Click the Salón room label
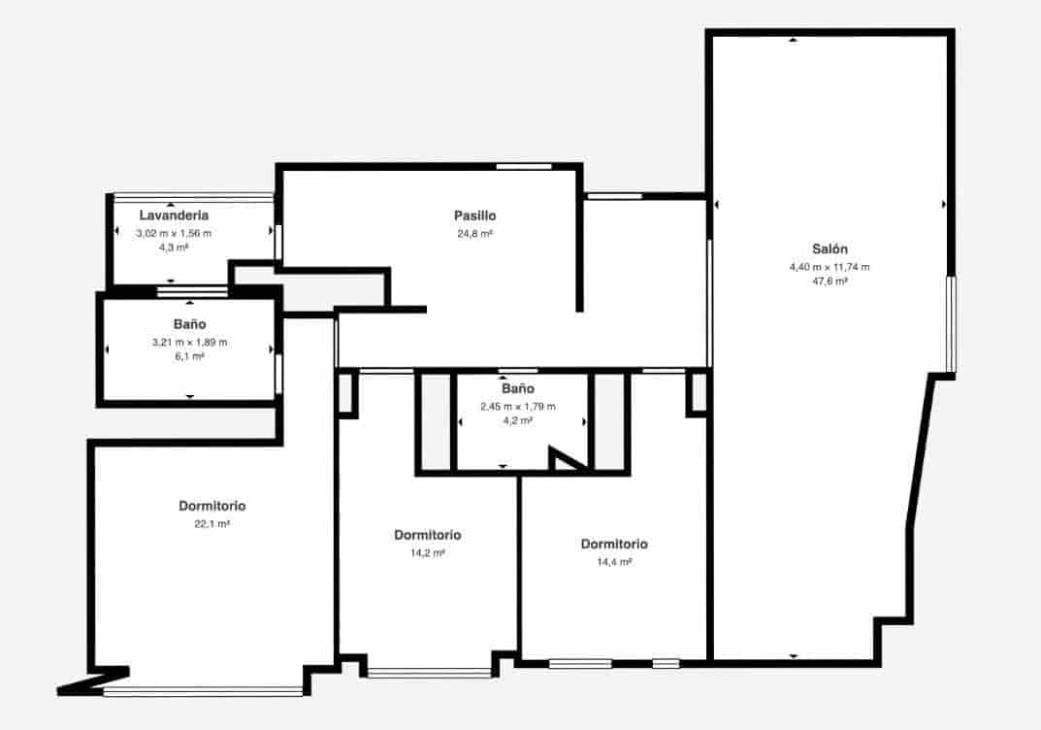pyautogui.click(x=830, y=249)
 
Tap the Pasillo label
pyautogui.click(x=474, y=216)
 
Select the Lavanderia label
pyautogui.click(x=174, y=216)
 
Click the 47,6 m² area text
pyautogui.click(x=830, y=281)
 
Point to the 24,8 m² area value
pyautogui.click(x=474, y=234)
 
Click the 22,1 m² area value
pyautogui.click(x=211, y=524)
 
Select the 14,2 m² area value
pyautogui.click(x=427, y=553)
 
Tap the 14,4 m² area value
pyautogui.click(x=614, y=562)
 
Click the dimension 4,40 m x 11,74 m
pyautogui.click(x=830, y=267)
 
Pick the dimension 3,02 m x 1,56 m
pyautogui.click(x=174, y=234)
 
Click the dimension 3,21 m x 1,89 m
pyautogui.click(x=189, y=343)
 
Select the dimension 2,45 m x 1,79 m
pyautogui.click(x=517, y=407)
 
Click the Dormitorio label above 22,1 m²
pyautogui.click(x=211, y=506)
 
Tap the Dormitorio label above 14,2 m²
pyautogui.click(x=427, y=535)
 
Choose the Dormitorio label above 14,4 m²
pyautogui.click(x=614, y=544)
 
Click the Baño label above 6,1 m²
pyautogui.click(x=189, y=324)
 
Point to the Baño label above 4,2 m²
pyautogui.click(x=517, y=389)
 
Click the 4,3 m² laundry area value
pyautogui.click(x=174, y=248)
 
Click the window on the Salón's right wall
pyautogui.click(x=951, y=324)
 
